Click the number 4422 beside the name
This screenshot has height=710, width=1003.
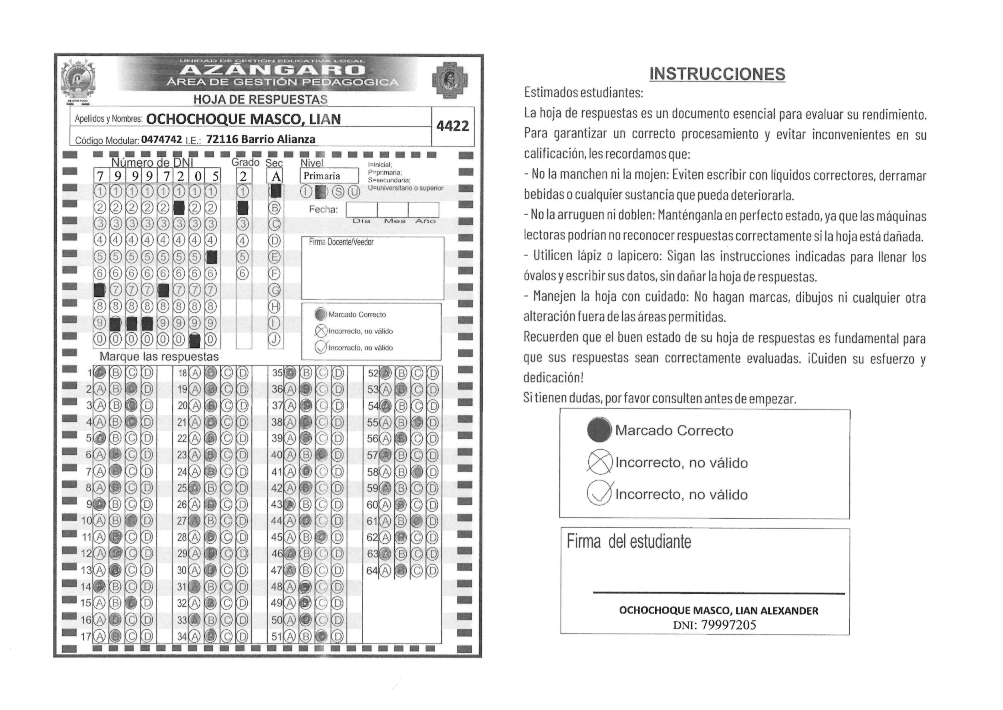(452, 126)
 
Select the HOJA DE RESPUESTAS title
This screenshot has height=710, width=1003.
(260, 100)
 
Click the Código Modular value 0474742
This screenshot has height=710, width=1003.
(161, 139)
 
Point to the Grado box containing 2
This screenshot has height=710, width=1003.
(243, 176)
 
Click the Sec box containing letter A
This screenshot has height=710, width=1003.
(275, 176)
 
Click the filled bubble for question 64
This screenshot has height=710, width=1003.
(401, 571)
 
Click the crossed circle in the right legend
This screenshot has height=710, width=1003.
(599, 462)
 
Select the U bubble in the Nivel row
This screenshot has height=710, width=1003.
(354, 192)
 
